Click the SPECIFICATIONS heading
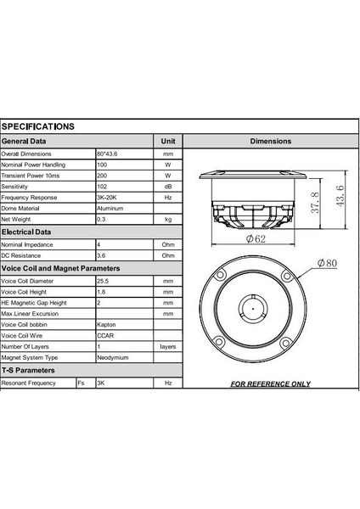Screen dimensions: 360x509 [37, 126]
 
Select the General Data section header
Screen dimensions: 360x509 [24, 141]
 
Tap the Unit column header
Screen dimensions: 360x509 [167, 141]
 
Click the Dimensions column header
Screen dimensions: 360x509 [271, 141]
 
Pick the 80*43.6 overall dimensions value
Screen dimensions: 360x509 [110, 154]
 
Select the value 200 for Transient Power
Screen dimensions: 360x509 [102, 175]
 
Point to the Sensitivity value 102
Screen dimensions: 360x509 [102, 186]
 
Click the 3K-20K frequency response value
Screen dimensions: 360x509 [107, 197]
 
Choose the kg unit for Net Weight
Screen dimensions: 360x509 [167, 219]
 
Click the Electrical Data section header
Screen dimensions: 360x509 [26, 231]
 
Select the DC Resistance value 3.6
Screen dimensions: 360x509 [101, 255]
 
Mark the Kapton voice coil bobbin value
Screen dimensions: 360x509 [107, 324]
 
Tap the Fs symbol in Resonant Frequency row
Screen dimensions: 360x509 [81, 383]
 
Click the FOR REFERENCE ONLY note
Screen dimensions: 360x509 [271, 383]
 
